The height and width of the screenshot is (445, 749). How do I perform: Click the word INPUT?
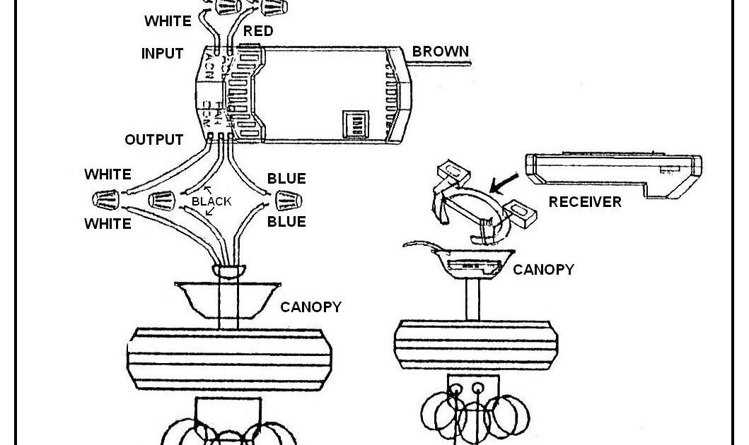[162, 54]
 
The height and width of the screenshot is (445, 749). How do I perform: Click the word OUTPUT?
[153, 140]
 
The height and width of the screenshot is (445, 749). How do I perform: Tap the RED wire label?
[258, 31]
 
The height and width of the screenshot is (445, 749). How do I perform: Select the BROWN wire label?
[440, 52]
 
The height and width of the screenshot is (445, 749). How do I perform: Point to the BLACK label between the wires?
[211, 201]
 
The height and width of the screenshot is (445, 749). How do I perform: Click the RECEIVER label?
[585, 202]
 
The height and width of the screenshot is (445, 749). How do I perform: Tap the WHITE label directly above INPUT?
[168, 21]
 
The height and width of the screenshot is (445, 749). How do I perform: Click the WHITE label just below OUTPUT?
[108, 174]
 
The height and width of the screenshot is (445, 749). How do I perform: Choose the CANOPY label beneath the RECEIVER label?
[543, 270]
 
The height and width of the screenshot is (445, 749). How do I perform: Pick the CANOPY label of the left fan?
[310, 307]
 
